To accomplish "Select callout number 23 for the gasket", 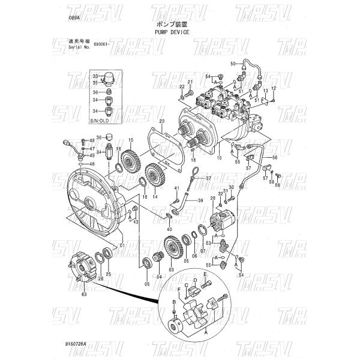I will [161, 121].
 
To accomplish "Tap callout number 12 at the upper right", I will [273, 88].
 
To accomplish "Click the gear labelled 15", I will [129, 162].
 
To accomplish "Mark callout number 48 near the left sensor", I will [92, 140].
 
